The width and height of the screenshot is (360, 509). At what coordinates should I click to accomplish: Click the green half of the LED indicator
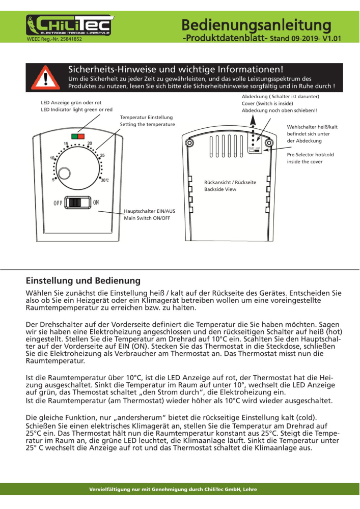(75, 136)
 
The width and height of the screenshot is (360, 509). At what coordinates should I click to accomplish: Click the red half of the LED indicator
(81, 136)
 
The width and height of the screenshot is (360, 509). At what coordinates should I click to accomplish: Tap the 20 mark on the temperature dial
(90, 144)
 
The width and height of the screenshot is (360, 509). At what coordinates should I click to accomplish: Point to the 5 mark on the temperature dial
(53, 179)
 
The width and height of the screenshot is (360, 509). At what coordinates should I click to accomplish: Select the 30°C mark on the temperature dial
(104, 180)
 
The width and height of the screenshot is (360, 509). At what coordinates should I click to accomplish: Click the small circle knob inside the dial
(64, 173)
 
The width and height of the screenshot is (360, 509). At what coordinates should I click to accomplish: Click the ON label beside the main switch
(96, 203)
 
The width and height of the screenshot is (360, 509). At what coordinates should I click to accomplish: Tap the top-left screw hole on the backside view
(189, 143)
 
